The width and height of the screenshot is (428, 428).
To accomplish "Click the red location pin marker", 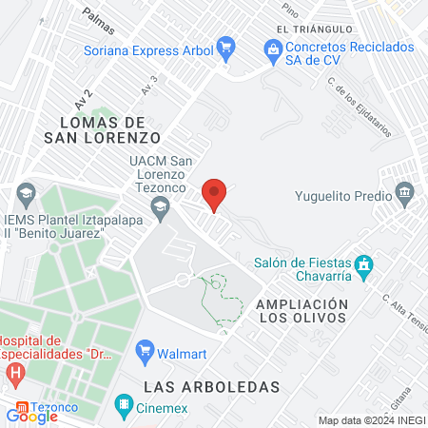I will pyautogui.click(x=214, y=194).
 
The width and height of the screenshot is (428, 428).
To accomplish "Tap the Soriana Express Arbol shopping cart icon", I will pyautogui.click(x=225, y=46).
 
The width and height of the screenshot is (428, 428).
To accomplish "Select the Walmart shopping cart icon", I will pyautogui.click(x=146, y=350).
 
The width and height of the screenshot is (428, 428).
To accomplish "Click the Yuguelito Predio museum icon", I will pyautogui.click(x=406, y=194).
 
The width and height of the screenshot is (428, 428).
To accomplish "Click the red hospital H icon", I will pyautogui.click(x=16, y=373).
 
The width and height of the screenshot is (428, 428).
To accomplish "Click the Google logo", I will pyautogui.click(x=32, y=416).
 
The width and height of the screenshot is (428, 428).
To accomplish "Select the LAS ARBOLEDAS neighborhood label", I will pyautogui.click(x=212, y=387).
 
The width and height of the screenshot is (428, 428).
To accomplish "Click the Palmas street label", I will pyautogui.click(x=97, y=16).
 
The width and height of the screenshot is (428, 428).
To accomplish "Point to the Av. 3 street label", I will pyautogui.click(x=148, y=87).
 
